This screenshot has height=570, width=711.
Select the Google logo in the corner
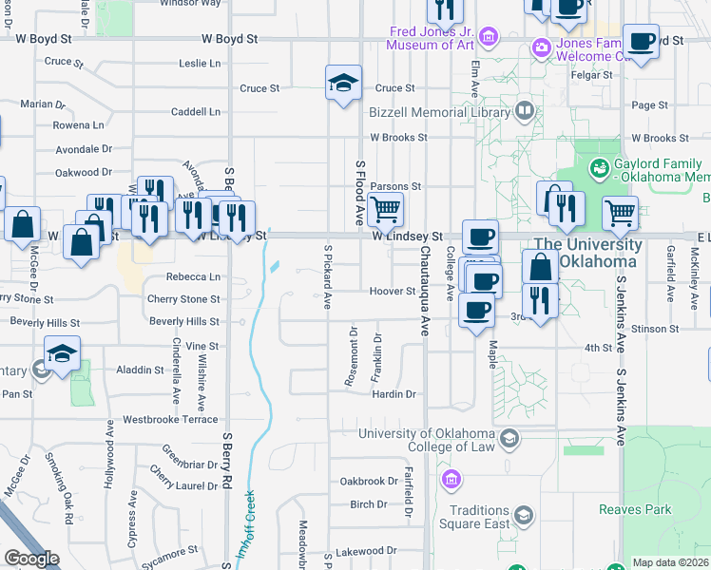pos(31,559)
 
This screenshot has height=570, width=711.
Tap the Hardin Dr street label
pos(394,393)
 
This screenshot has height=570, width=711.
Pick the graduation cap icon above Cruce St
pos(343,83)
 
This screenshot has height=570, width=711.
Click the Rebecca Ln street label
pos(194,277)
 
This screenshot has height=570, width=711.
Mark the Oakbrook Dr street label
pos(369,481)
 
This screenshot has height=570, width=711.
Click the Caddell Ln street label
pos(196,112)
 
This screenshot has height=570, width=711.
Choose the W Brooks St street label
pos(398,138)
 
